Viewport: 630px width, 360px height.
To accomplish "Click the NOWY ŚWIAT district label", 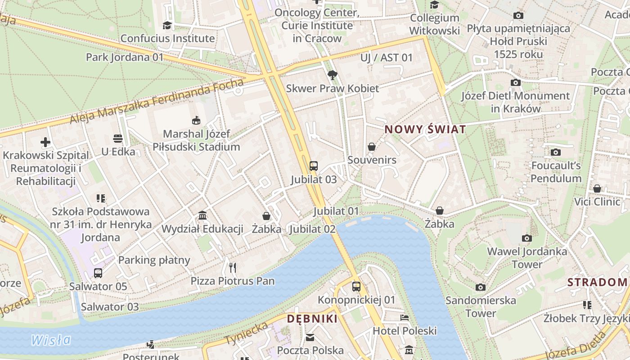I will (x=425, y=130).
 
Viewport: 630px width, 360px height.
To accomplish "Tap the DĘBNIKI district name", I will (x=312, y=319).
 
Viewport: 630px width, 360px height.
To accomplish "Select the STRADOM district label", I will (x=597, y=282).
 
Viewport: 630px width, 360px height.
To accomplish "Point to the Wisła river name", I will (x=51, y=340).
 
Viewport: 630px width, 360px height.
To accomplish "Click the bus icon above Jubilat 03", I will (x=314, y=166).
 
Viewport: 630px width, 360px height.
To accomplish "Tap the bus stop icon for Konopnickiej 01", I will (x=356, y=286).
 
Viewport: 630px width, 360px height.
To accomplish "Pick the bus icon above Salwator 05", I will (x=98, y=273).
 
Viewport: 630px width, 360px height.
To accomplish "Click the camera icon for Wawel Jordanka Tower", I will (x=526, y=238).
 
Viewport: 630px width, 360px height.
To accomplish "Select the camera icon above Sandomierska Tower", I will (x=481, y=287).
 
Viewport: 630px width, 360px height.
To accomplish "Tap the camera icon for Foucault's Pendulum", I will (x=556, y=152).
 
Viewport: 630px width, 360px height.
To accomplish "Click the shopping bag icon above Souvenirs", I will (x=372, y=147).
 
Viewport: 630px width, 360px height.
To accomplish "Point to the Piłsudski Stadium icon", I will (x=196, y=120).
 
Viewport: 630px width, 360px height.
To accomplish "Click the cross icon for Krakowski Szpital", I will (x=45, y=142).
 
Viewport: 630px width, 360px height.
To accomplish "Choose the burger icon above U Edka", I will (x=118, y=138).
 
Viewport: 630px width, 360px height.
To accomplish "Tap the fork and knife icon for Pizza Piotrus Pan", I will (x=233, y=268).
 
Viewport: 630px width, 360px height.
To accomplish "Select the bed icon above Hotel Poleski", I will (x=405, y=318).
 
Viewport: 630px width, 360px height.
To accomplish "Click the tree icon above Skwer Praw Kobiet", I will (x=333, y=75).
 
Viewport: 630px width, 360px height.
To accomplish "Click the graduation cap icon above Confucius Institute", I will (x=167, y=25).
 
